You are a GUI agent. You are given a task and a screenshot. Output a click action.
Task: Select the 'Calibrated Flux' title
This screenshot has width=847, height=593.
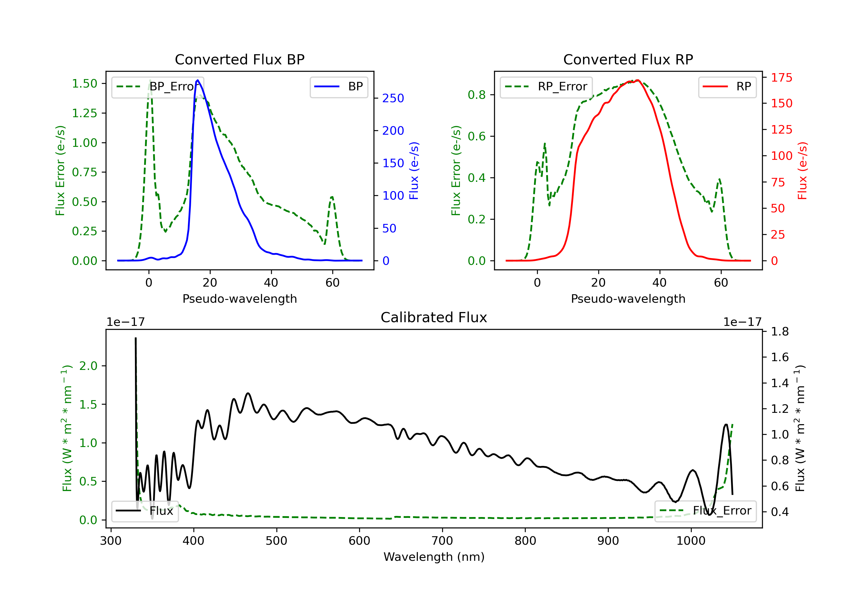coord(434,318)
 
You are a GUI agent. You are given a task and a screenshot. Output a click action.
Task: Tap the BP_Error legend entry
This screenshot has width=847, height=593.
coord(158,87)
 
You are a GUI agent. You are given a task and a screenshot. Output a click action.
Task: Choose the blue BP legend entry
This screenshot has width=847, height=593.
coord(339,87)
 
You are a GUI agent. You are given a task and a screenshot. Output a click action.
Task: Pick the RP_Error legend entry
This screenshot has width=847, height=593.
coord(546,87)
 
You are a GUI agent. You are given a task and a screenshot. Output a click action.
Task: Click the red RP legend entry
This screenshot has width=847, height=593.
coord(727,87)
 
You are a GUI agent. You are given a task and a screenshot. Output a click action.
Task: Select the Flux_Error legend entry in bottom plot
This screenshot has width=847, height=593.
coord(705,511)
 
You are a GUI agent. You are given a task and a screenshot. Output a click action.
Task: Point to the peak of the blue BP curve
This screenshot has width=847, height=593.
coord(198,80)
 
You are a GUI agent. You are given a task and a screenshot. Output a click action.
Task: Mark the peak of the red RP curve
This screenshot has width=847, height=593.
coord(638,80)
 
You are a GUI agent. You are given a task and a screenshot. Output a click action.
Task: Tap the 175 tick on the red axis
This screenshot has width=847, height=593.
coord(781,77)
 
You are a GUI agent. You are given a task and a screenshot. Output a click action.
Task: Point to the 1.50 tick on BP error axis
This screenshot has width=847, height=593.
coord(84,83)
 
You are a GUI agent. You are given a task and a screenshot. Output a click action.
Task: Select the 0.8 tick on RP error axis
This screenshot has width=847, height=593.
coord(477,95)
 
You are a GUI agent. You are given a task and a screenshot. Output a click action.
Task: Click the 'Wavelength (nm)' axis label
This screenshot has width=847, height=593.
coord(434,557)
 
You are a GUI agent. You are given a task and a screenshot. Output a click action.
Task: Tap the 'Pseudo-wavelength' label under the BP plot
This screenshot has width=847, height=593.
coord(240,299)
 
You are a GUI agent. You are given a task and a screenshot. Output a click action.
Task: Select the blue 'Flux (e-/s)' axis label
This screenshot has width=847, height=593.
coord(414,171)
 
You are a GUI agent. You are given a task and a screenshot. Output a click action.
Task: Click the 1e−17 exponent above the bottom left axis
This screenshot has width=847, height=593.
coord(125,322)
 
